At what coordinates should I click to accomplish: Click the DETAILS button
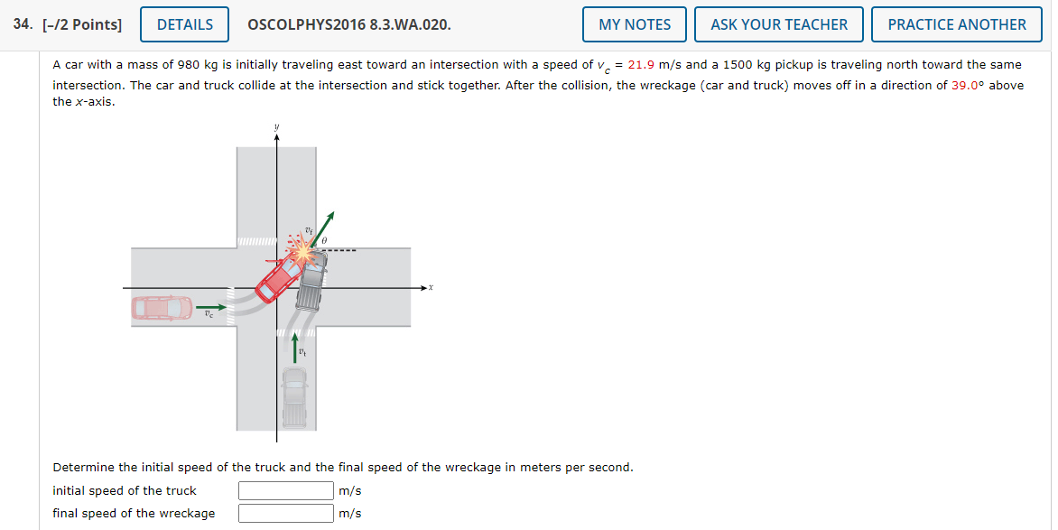[185, 24]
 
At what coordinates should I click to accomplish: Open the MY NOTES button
[634, 24]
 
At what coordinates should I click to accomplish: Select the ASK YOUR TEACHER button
[778, 24]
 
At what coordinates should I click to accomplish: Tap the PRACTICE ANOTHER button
[956, 24]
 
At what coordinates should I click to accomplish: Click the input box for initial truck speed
[286, 490]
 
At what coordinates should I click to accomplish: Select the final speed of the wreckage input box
[286, 513]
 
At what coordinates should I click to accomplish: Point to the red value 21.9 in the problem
[642, 65]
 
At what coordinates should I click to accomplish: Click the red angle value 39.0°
[968, 85]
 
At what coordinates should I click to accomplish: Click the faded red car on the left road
[162, 308]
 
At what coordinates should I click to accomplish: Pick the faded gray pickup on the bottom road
[294, 396]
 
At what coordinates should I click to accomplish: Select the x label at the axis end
[431, 288]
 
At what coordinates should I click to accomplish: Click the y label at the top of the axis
[277, 127]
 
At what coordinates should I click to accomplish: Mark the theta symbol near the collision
[325, 241]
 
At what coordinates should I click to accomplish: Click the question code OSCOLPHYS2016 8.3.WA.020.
[348, 24]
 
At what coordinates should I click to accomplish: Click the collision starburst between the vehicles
[305, 254]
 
